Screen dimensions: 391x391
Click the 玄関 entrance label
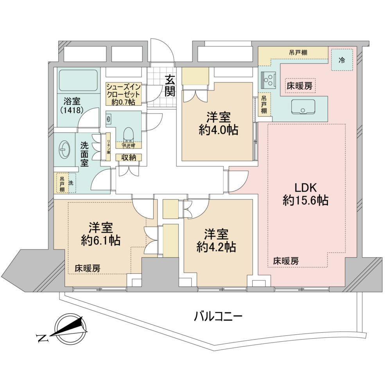pyautogui.click(x=170, y=86)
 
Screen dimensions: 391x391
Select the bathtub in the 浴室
pyautogui.click(x=77, y=80)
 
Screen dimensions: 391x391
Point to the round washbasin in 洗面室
pyautogui.click(x=65, y=150)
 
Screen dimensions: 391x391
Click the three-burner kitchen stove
pyautogui.click(x=268, y=80)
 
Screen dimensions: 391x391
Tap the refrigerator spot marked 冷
pyautogui.click(x=342, y=60)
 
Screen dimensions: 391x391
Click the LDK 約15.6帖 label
pyautogui.click(x=305, y=194)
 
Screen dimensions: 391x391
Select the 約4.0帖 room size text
pyautogui.click(x=219, y=130)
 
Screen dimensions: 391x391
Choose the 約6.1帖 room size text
pyautogui.click(x=101, y=240)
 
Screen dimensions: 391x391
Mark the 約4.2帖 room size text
pyautogui.click(x=216, y=247)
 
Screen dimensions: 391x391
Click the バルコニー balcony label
pyautogui.click(x=218, y=317)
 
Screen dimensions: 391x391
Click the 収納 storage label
pyautogui.click(x=129, y=157)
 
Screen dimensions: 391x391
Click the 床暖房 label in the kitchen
pyautogui.click(x=300, y=86)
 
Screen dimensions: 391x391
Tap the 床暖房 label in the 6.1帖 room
pyautogui.click(x=88, y=268)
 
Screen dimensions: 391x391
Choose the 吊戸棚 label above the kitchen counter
pyautogui.click(x=298, y=53)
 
